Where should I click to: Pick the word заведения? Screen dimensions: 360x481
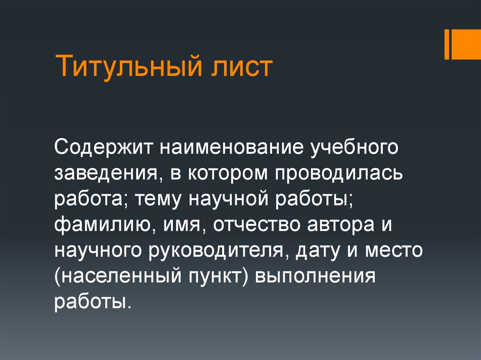[x=105, y=174]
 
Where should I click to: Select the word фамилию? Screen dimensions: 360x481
[x=103, y=226]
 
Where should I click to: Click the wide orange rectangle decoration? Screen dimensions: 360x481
[x=465, y=44]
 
